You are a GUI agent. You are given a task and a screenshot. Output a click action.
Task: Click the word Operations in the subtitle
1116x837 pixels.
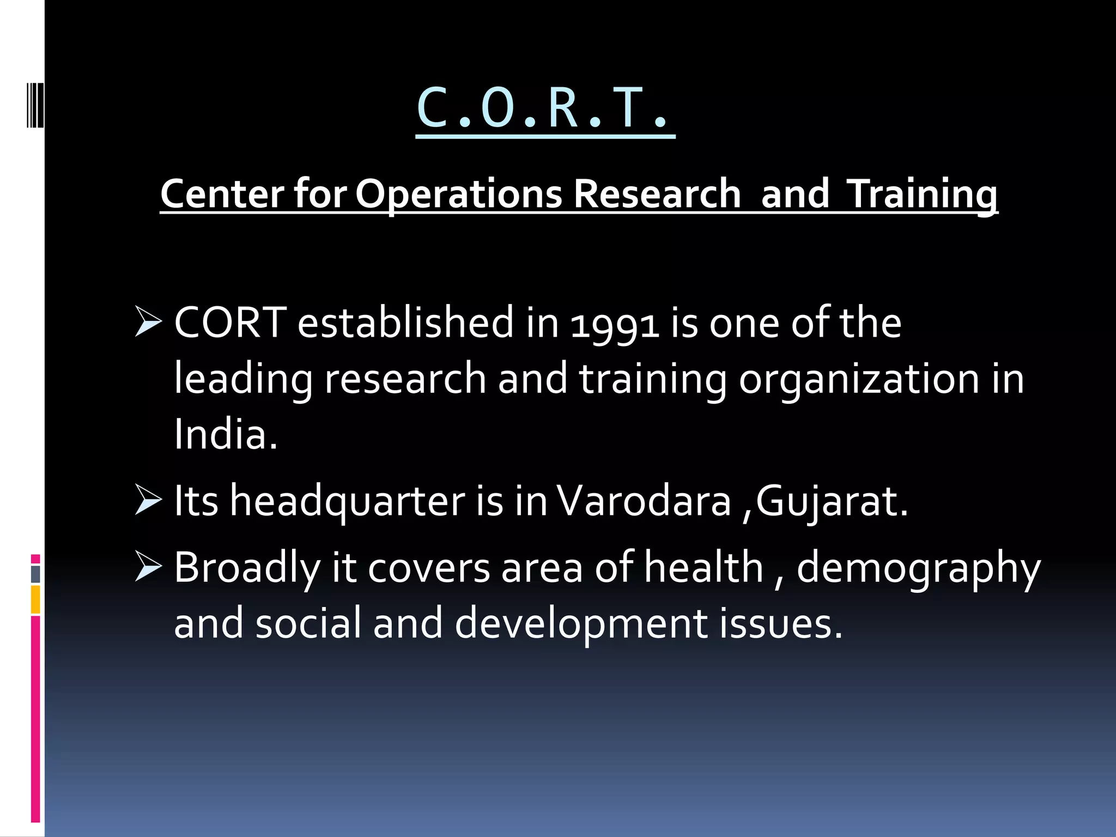click(x=458, y=194)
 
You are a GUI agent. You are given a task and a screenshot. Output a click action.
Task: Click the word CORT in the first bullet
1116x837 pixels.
click(x=230, y=323)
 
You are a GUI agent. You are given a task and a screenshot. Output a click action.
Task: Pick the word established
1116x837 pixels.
click(x=405, y=323)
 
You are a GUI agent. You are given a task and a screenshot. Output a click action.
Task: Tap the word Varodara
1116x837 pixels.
click(x=643, y=501)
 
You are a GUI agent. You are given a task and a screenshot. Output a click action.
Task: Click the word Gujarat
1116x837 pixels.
click(x=831, y=502)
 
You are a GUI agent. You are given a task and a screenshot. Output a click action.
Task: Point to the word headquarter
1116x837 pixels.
click(x=347, y=502)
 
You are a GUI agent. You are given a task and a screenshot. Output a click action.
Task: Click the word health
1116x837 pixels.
click(x=703, y=567)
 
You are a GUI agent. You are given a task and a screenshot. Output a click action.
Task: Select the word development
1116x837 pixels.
click(x=580, y=624)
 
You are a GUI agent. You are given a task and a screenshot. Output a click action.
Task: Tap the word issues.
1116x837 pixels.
click(x=780, y=624)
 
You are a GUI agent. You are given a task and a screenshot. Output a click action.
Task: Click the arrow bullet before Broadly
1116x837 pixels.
click(x=148, y=566)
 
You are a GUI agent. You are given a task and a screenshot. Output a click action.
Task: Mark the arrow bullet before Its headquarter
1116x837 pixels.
click(x=148, y=500)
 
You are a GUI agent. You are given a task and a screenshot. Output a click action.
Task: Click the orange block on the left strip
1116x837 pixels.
click(x=35, y=599)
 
